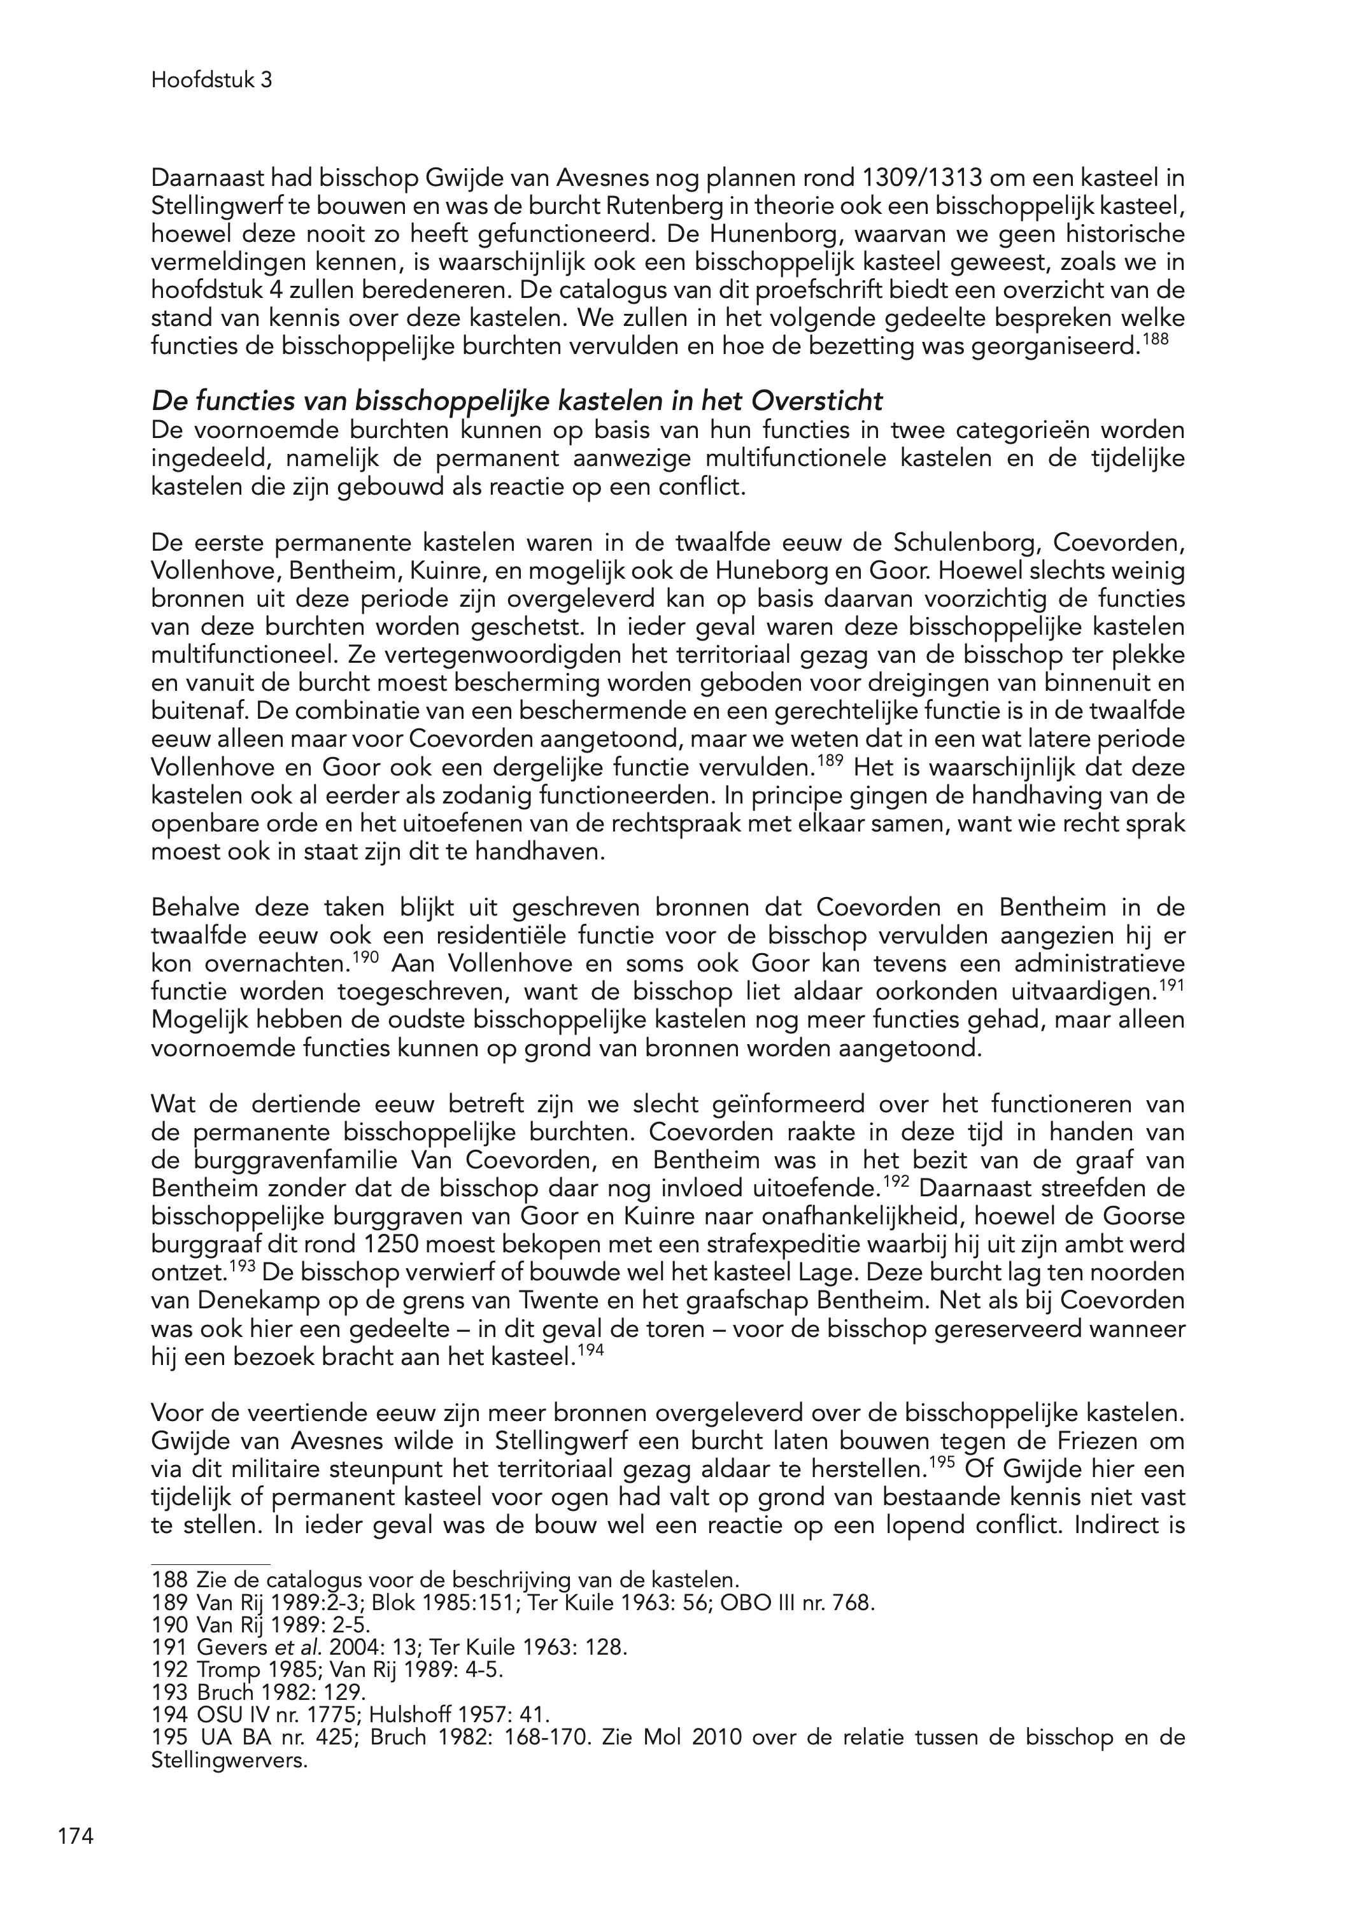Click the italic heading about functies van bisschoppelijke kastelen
pos(516,402)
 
